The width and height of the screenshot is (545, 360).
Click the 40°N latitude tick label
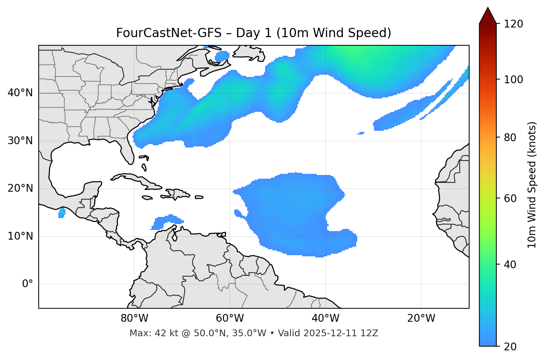pyautogui.click(x=20, y=93)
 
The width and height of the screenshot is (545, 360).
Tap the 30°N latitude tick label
pyautogui.click(x=20, y=141)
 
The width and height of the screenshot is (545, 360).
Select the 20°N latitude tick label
pyautogui.click(x=20, y=188)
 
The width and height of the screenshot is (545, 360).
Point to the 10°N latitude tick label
pyautogui.click(x=20, y=236)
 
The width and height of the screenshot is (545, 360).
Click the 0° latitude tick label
pyautogui.click(x=28, y=284)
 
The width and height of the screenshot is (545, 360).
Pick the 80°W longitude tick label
pyautogui.click(x=134, y=318)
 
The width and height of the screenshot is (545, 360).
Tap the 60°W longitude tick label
pyautogui.click(x=230, y=318)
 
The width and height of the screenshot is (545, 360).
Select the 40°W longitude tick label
pyautogui.click(x=325, y=318)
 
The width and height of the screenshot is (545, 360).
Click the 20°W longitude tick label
pyautogui.click(x=421, y=318)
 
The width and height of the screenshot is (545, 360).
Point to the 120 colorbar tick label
pyautogui.click(x=514, y=24)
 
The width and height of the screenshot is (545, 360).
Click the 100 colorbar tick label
pyautogui.click(x=514, y=80)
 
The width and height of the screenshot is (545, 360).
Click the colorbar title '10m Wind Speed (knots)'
pyautogui.click(x=532, y=185)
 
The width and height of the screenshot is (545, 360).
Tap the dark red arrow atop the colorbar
pyautogui.click(x=488, y=16)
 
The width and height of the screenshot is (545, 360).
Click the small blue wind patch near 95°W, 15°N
pyautogui.click(x=62, y=213)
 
